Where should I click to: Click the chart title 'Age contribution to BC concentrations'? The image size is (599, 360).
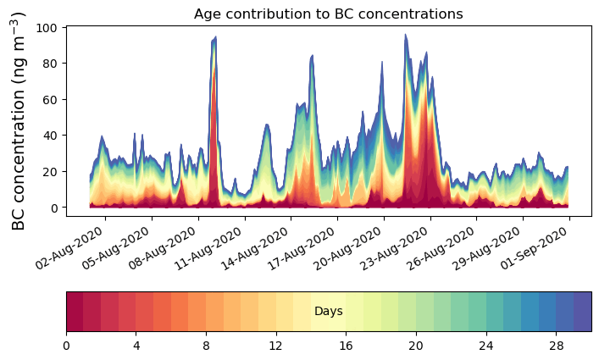pyautogui.click(x=328, y=14)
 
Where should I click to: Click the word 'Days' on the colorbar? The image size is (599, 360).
pyautogui.click(x=328, y=312)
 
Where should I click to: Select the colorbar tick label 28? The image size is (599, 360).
pyautogui.click(x=556, y=346)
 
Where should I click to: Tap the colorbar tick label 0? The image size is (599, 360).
pyautogui.click(x=66, y=346)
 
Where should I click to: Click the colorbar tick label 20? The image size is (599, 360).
pyautogui.click(x=416, y=346)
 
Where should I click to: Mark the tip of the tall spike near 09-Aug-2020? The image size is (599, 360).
pyautogui.click(x=216, y=37)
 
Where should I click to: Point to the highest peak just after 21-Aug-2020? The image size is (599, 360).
pyautogui.click(x=405, y=35)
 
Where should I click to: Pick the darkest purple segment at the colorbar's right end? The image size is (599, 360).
pyautogui.click(x=582, y=312)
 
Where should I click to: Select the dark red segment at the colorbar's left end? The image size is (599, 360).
pyautogui.click(x=75, y=312)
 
